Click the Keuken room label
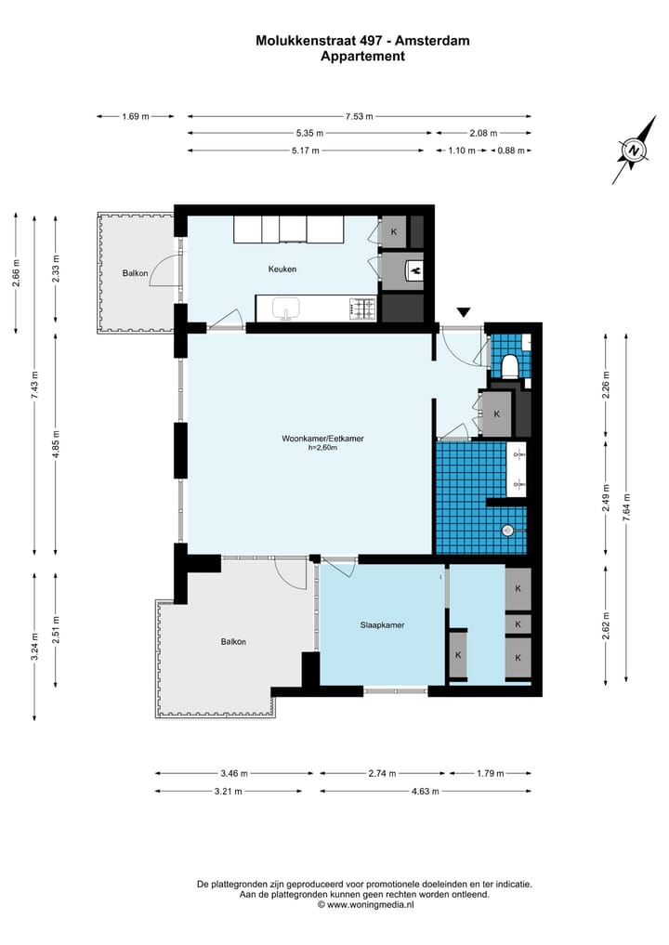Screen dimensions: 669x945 click(x=282, y=269)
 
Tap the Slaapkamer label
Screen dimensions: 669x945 click(x=382, y=625)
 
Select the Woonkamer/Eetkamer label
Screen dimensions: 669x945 click(x=322, y=439)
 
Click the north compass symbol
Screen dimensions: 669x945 click(x=634, y=150)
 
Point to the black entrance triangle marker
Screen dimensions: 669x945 click(x=463, y=312)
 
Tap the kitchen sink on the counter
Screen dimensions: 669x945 click(x=286, y=308)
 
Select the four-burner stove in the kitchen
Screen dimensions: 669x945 click(x=362, y=308)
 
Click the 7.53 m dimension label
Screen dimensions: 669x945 click(x=360, y=116)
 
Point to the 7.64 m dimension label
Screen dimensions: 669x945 click(x=627, y=506)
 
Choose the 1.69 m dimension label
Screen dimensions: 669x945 click(x=136, y=116)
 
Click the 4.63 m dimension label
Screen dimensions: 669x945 click(x=425, y=792)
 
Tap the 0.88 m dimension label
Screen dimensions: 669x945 click(x=511, y=151)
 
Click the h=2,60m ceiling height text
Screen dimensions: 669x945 click(x=322, y=448)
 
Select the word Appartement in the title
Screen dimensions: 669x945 click(x=362, y=57)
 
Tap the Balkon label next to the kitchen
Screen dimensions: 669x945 click(x=135, y=273)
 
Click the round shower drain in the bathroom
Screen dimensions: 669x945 click(x=507, y=531)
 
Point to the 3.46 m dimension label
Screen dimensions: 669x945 click(x=234, y=773)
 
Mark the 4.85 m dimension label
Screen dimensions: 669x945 click(x=56, y=444)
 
